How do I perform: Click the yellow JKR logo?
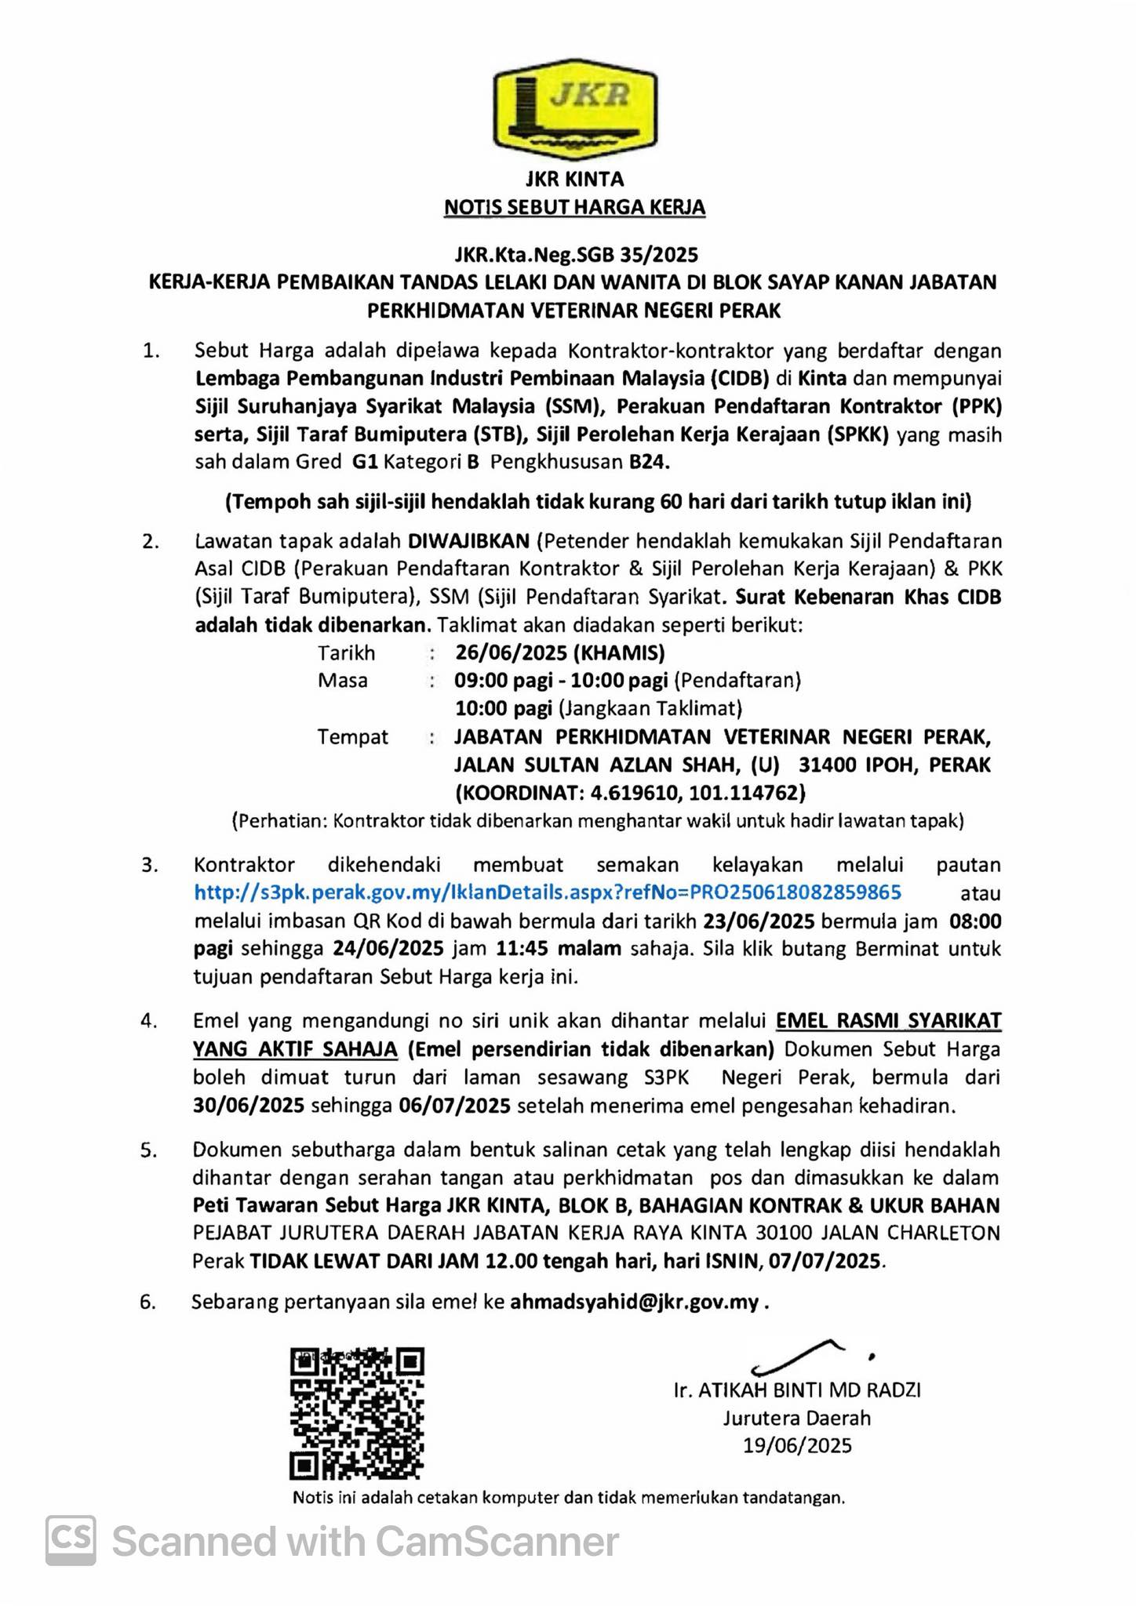coord(575,109)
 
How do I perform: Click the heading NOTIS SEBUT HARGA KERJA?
coord(574,208)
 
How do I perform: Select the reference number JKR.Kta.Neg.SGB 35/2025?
coord(576,254)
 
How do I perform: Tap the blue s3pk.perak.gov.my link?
coord(548,892)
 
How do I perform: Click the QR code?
coord(357,1413)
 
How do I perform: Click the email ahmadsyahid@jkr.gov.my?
coord(634,1303)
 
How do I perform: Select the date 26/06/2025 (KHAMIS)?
coord(559,652)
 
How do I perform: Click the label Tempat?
coord(352,737)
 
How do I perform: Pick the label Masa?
coord(342,680)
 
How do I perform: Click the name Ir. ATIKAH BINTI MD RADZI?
coord(797,1390)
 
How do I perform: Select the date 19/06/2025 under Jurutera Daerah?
coord(797,1446)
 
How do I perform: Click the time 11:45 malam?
coord(559,949)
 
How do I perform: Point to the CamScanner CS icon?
coord(71,1540)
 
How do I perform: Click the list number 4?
coord(148,1021)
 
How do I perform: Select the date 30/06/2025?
coord(249,1106)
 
